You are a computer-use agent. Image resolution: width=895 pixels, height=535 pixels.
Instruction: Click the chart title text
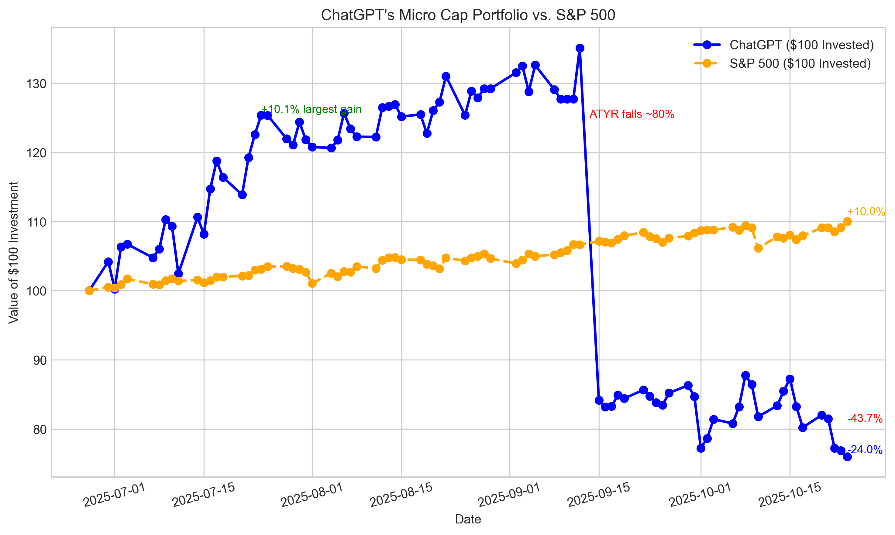click(x=468, y=15)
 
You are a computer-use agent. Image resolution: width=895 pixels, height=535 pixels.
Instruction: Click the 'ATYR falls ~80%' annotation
click(x=632, y=114)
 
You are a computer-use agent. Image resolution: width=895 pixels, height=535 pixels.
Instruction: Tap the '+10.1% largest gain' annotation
click(x=311, y=109)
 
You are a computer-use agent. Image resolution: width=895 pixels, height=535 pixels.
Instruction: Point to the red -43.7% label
click(x=865, y=418)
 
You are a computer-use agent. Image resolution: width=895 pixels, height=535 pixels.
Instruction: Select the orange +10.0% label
click(x=866, y=212)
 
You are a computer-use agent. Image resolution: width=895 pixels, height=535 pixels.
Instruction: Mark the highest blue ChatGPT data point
click(x=580, y=48)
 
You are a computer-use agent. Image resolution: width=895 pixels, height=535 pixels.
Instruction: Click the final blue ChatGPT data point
click(x=847, y=457)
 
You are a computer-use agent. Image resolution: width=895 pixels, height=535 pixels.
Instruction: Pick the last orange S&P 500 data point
click(x=847, y=221)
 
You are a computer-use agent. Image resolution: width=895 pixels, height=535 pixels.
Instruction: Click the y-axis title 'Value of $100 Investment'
click(x=13, y=252)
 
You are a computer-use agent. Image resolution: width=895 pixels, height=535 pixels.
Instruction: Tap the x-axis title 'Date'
click(x=468, y=519)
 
